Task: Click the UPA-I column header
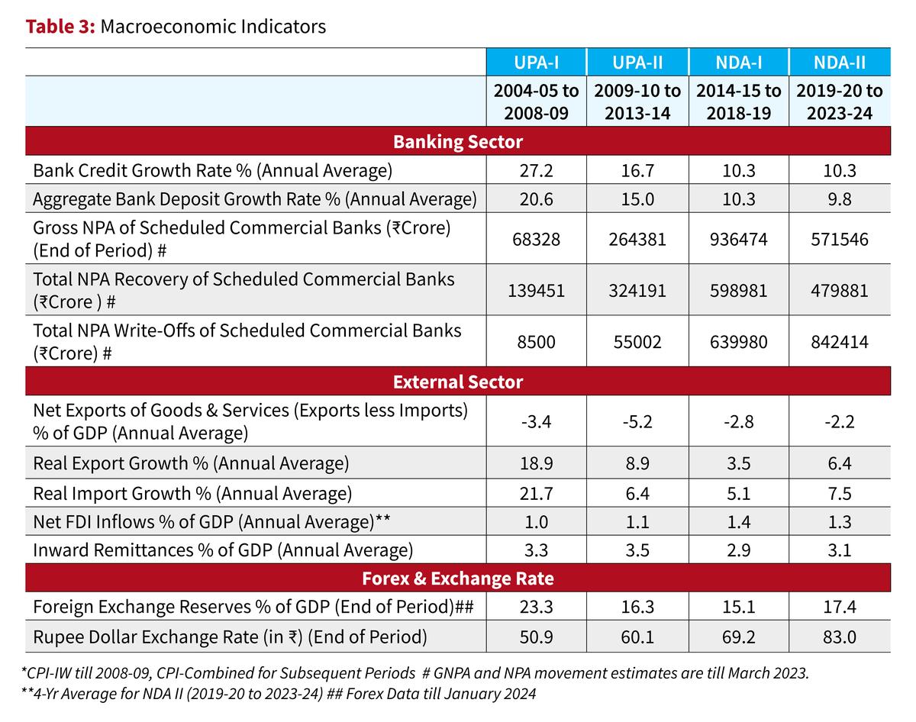click(536, 62)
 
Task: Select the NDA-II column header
click(840, 62)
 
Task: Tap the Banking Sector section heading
click(458, 141)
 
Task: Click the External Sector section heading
click(458, 382)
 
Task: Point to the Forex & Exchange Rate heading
click(458, 579)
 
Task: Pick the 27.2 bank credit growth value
click(536, 170)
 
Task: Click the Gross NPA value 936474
click(739, 240)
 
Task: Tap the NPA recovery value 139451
click(536, 291)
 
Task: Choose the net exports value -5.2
click(637, 422)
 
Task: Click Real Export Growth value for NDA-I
click(739, 464)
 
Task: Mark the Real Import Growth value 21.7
click(536, 493)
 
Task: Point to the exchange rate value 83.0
click(840, 637)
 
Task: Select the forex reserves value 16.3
click(637, 608)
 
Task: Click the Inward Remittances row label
click(223, 550)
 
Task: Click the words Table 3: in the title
click(60, 27)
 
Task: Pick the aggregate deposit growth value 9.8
click(840, 198)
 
